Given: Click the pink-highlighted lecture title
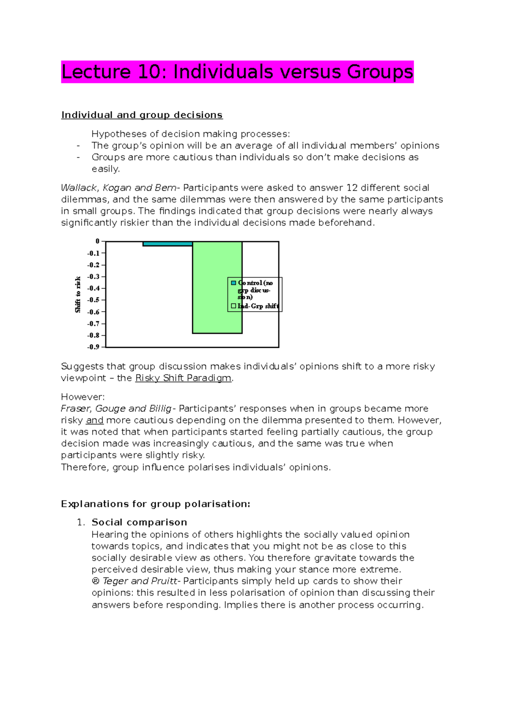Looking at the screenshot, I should point(237,72).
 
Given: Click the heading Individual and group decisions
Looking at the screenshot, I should point(142,115).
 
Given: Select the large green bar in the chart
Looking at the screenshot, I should point(217,291).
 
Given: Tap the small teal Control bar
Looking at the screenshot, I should point(167,244).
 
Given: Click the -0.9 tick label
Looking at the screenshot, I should point(93,347).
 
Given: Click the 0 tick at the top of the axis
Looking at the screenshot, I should point(97,241).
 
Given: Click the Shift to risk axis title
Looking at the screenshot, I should point(78,294).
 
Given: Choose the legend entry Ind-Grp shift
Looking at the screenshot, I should point(258,306).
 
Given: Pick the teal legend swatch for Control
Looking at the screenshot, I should point(234,283).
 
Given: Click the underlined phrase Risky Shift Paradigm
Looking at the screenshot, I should point(183,378).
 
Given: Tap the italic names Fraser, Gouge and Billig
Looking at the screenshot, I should point(116,408).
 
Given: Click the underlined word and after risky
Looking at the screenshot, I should point(95,420).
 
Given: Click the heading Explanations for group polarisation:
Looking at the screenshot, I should point(155,504).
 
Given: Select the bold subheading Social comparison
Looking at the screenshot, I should point(139,522).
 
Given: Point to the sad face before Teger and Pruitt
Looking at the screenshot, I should point(96,581).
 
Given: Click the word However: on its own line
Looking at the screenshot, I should point(82,397).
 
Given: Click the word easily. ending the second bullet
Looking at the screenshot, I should point(106,169).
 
